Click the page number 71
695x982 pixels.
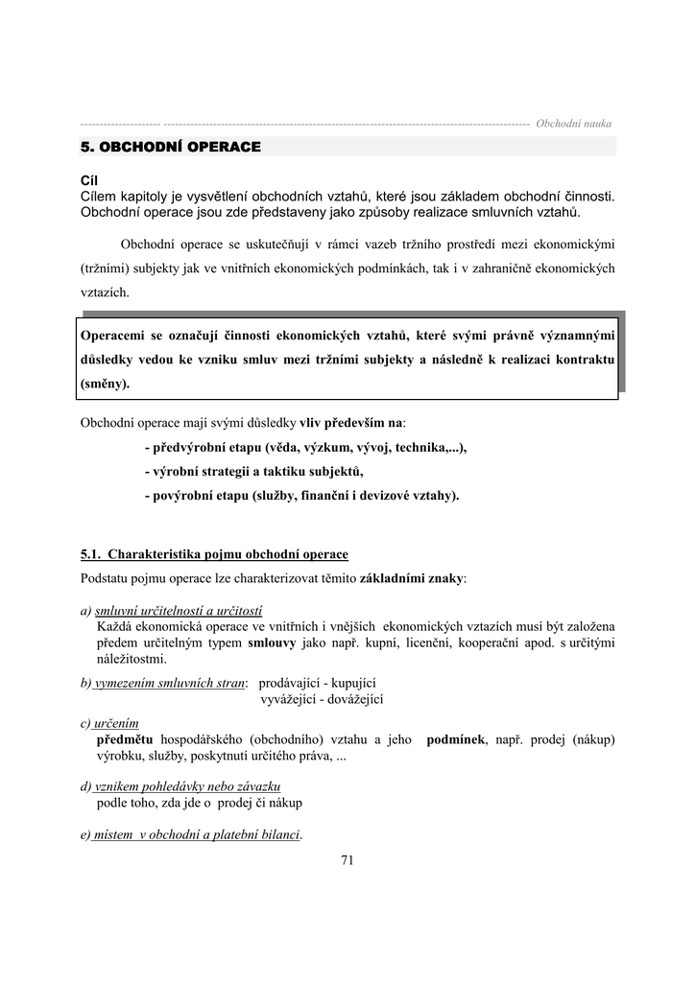point(347,860)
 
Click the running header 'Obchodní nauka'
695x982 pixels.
point(573,124)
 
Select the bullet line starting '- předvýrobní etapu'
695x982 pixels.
point(305,448)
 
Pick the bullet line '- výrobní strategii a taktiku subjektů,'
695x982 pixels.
point(254,472)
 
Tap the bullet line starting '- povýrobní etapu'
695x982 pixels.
point(301,496)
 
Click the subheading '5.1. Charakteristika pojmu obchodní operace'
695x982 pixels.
point(214,554)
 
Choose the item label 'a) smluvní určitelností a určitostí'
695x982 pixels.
point(172,611)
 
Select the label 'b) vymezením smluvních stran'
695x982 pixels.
point(164,683)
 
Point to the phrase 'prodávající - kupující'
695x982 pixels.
point(317,683)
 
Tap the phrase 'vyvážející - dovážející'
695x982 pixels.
point(322,699)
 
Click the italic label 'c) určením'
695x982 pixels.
point(109,723)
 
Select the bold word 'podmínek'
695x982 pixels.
point(456,739)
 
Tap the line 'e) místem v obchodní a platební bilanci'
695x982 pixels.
point(192,834)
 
